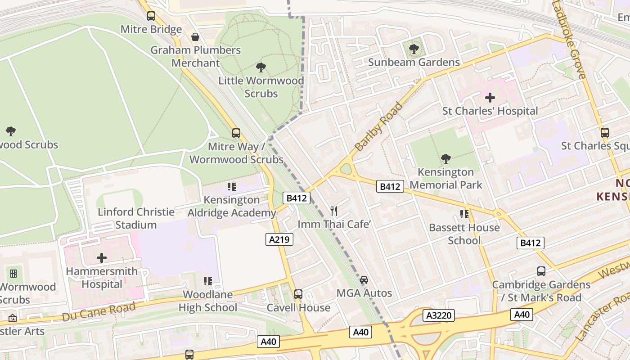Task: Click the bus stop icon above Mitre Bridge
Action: click(x=151, y=16)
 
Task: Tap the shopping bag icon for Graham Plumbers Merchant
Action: click(x=195, y=37)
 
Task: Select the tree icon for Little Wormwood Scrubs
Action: click(x=261, y=67)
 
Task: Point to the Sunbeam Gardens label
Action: click(x=414, y=62)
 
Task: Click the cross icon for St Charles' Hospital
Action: click(x=490, y=97)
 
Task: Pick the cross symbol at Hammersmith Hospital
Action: click(x=102, y=258)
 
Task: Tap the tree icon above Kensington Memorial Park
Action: click(x=445, y=158)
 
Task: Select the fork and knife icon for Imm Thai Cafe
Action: click(x=334, y=211)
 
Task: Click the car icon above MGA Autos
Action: click(x=364, y=280)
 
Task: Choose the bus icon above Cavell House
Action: click(x=298, y=294)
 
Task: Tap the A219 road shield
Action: click(x=279, y=239)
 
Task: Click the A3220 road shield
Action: click(x=439, y=315)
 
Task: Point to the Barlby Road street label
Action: click(x=378, y=126)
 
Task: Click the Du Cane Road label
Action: click(x=99, y=311)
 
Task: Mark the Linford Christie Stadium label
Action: click(x=136, y=218)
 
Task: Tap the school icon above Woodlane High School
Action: click(x=207, y=281)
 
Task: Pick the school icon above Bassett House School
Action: click(x=464, y=214)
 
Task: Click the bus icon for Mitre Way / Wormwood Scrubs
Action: click(x=236, y=133)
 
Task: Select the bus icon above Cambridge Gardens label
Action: click(x=541, y=271)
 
